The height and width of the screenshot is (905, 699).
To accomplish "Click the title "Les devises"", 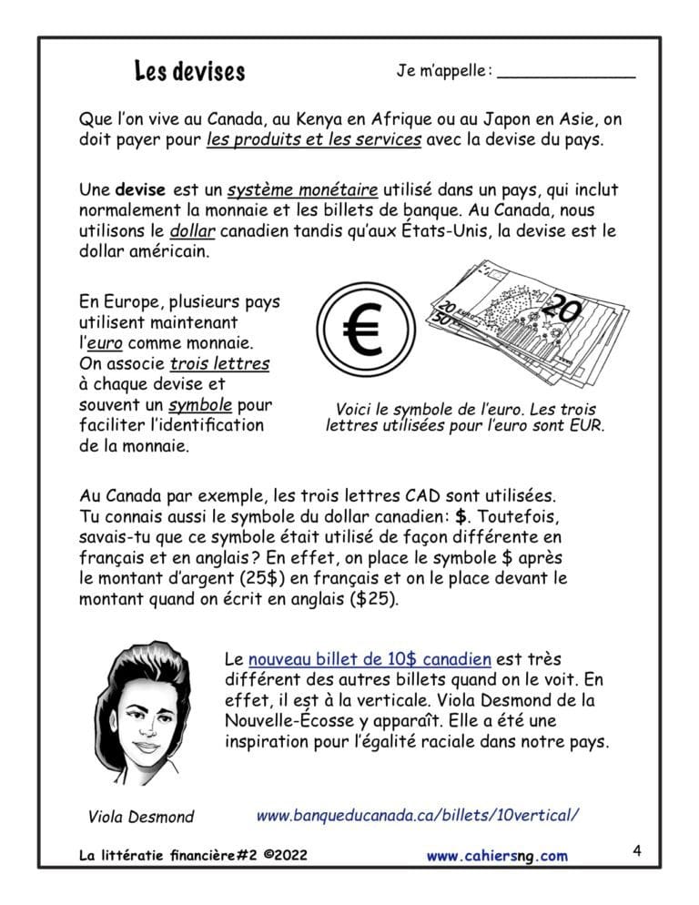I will (x=189, y=71).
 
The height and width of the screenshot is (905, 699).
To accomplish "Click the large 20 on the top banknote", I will (x=562, y=311).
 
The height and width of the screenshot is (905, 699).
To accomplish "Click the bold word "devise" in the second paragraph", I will (x=140, y=190).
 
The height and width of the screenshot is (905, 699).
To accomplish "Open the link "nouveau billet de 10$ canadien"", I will (x=370, y=658).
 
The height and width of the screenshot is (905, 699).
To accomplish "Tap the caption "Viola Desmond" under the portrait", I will (x=141, y=816).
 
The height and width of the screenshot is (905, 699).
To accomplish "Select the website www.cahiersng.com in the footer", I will (x=496, y=855).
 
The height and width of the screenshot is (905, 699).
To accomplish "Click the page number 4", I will (x=637, y=852).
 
